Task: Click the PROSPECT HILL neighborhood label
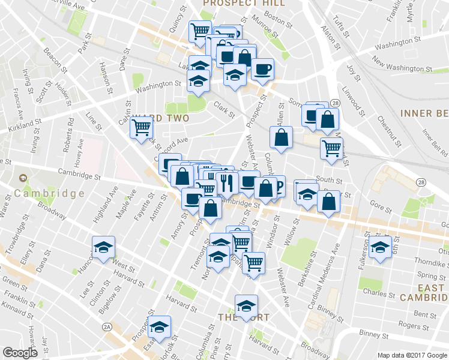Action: point(243,3)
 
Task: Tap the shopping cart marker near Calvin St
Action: point(140,127)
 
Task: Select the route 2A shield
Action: point(107,326)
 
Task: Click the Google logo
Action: point(20,353)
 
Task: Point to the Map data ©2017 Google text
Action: point(411,355)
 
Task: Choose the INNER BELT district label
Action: point(423,113)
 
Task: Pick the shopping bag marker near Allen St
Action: point(282,138)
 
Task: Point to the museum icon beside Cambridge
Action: point(23,179)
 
